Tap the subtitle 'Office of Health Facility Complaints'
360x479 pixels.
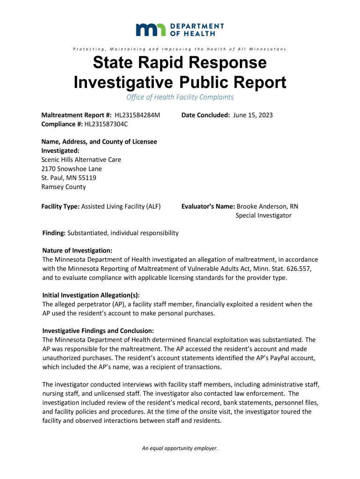tap(180, 97)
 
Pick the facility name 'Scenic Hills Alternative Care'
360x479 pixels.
tap(81, 160)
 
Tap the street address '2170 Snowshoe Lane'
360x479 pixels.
tap(72, 168)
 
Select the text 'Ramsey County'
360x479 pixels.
tap(64, 187)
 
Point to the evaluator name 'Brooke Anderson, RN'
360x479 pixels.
tap(267, 206)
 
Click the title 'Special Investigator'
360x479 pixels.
tap(263, 215)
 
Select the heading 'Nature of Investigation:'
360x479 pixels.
tap(77, 251)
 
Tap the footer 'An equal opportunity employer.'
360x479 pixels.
tap(180, 448)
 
